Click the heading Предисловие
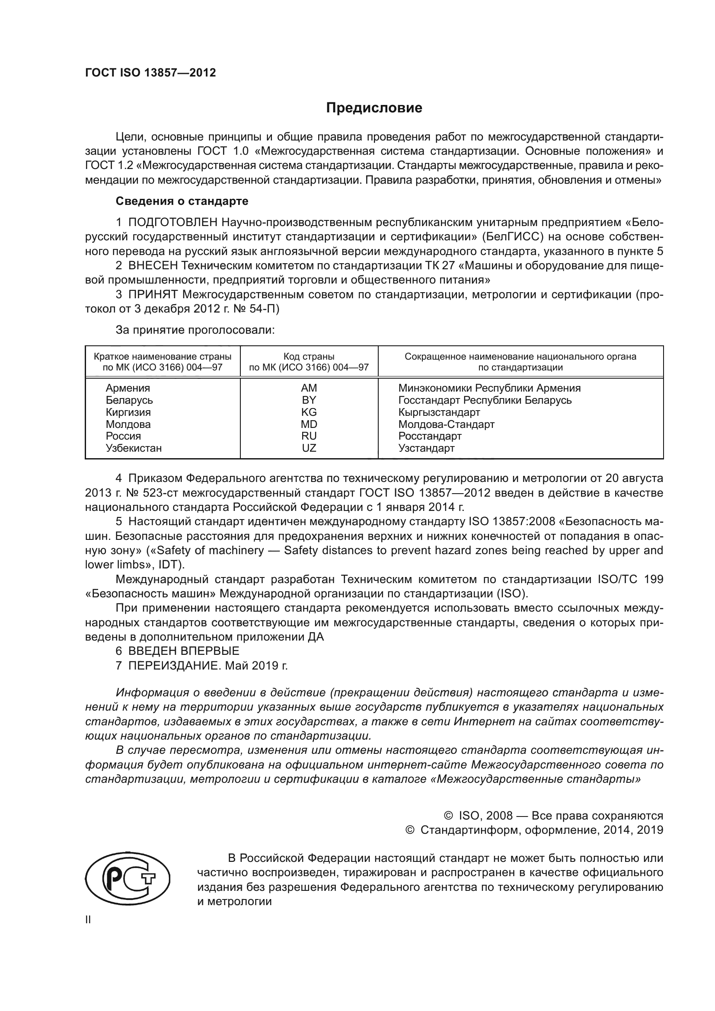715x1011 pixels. click(x=374, y=108)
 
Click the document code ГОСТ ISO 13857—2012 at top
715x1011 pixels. click(x=150, y=73)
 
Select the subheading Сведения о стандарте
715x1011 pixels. click(x=182, y=201)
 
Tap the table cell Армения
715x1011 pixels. click(x=128, y=388)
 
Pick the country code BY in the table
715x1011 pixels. click(x=309, y=400)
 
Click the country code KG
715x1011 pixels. click(x=309, y=412)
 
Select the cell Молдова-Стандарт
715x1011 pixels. click(x=446, y=424)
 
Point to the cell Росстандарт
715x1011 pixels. click(x=430, y=437)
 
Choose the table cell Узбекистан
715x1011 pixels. click(x=134, y=448)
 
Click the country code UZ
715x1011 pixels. click(x=309, y=448)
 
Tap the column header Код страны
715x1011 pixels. click(x=309, y=357)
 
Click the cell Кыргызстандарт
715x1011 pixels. click(x=439, y=412)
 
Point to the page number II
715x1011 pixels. click(x=88, y=920)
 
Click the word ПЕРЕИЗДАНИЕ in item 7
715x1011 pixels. click(x=173, y=666)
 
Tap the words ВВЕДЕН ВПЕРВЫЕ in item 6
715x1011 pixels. click(x=184, y=651)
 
